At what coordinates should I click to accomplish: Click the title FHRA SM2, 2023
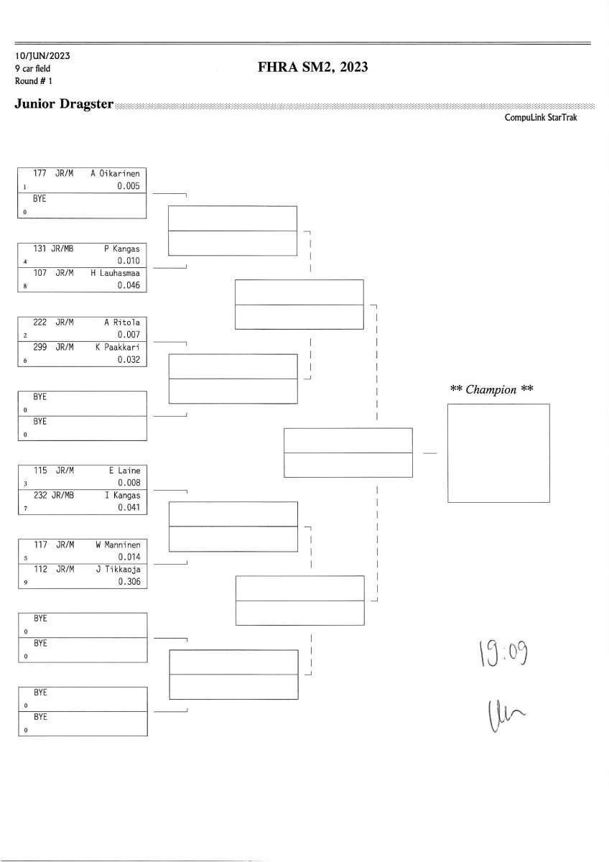coord(312,68)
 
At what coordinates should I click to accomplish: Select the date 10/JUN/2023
coord(42,55)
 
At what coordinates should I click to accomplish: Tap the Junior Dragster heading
coord(64,104)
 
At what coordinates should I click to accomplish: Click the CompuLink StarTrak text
coord(541,118)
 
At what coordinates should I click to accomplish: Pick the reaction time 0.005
coord(129,186)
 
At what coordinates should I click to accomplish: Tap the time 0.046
coord(129,286)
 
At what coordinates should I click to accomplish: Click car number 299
coord(41,348)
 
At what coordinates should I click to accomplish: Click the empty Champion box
coord(498,453)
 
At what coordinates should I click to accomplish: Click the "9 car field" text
coord(32,68)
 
